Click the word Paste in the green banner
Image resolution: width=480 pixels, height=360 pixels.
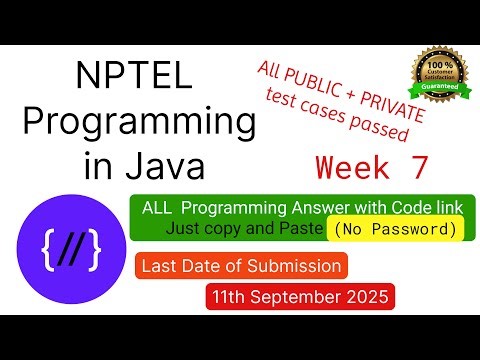tap(301, 229)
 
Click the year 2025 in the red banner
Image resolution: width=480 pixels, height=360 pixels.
tap(367, 296)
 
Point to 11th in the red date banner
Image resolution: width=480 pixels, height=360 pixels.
tap(233, 296)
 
